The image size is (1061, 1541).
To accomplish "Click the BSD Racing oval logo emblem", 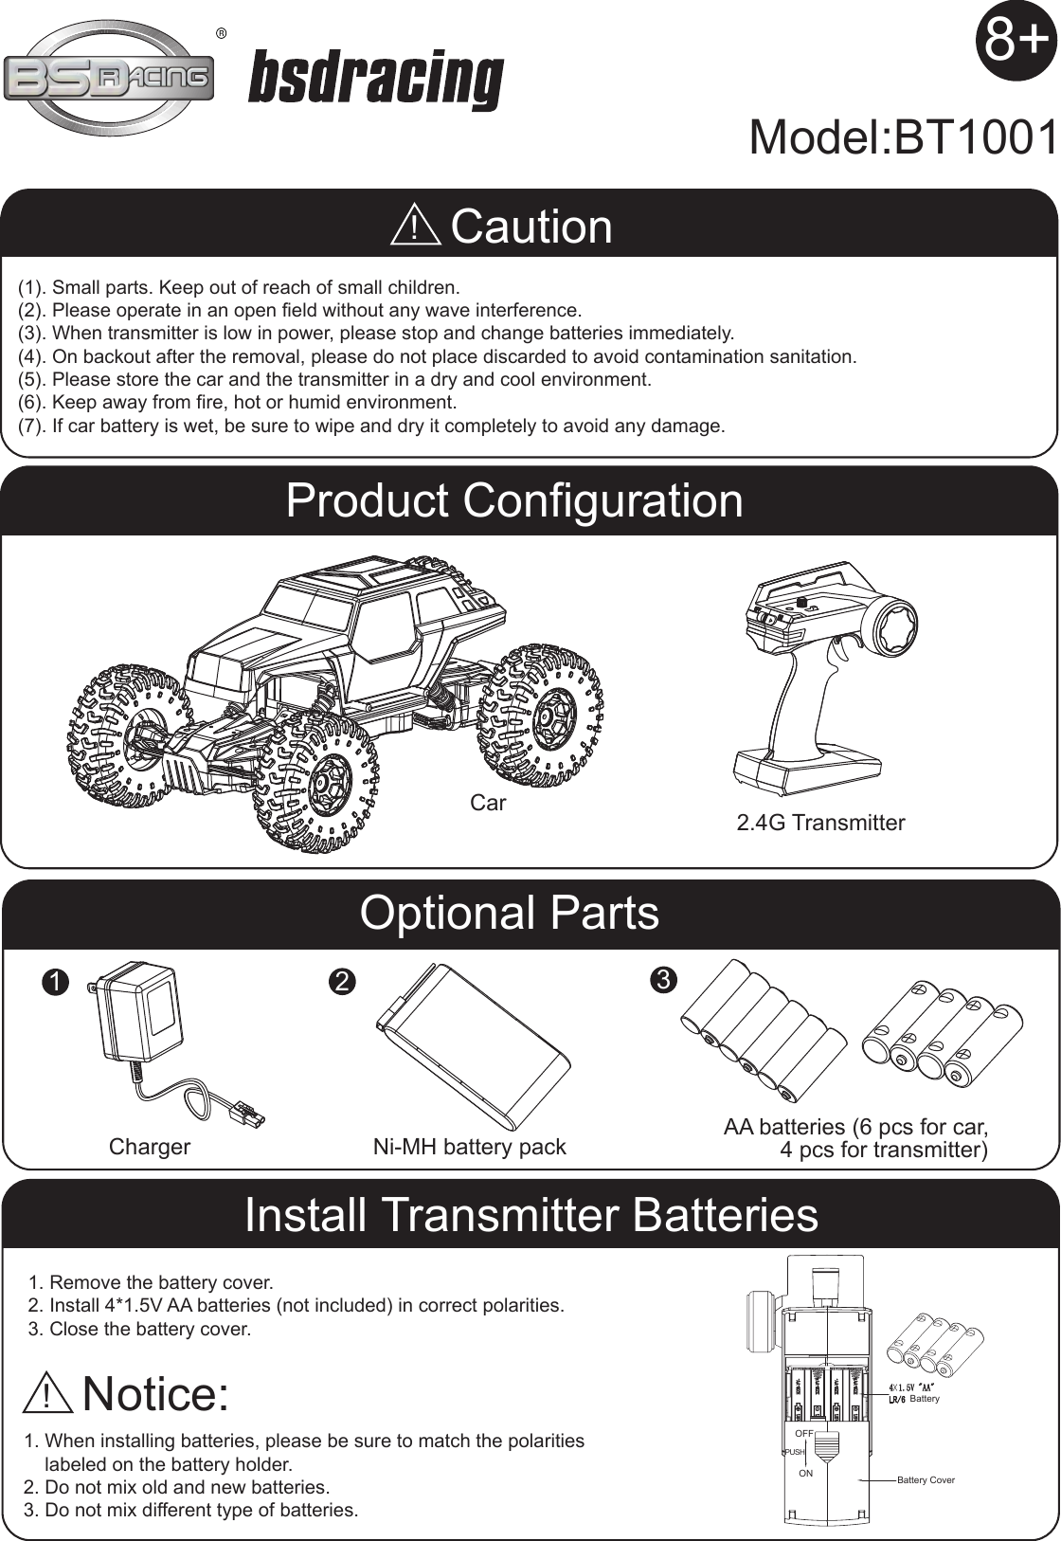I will click(x=109, y=78).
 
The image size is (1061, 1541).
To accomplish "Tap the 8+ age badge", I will click(x=1016, y=41).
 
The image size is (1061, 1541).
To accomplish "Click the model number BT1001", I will click(x=903, y=138).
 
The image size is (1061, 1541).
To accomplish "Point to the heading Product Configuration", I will click(x=514, y=500).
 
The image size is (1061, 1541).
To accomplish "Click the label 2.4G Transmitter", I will click(x=820, y=823).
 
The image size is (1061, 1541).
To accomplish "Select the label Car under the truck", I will click(x=488, y=803).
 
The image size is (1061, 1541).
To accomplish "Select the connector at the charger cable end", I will click(x=248, y=1110).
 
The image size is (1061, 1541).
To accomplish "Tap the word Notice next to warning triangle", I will click(x=156, y=1393).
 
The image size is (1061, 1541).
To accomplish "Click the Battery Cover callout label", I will click(x=926, y=1479).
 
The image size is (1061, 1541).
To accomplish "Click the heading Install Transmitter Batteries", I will click(x=530, y=1215).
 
